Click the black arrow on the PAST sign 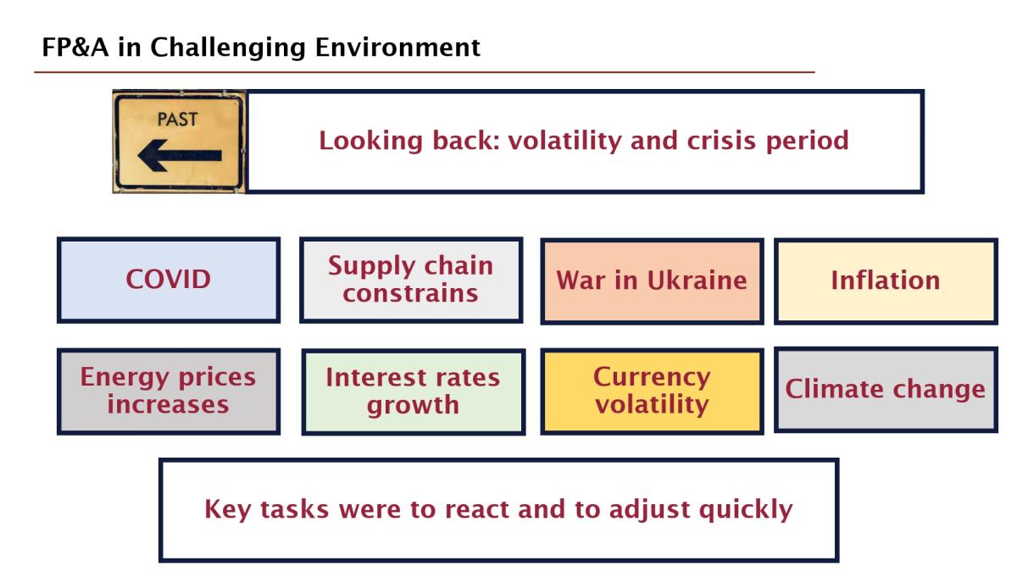point(180,156)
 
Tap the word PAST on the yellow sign point(177,119)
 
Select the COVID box point(169,280)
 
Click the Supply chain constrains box point(411,280)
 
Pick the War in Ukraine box point(652,281)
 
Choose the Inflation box point(886,281)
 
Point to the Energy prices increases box point(169,392)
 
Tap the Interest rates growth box point(414,392)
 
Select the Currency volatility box point(652,392)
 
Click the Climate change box point(886,390)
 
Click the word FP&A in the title point(75,47)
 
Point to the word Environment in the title point(397,47)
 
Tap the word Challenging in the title point(228,48)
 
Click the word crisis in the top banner point(721,141)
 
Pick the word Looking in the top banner point(371,142)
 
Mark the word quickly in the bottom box point(746,510)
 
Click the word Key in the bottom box point(227,510)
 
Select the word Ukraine point(697,280)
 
